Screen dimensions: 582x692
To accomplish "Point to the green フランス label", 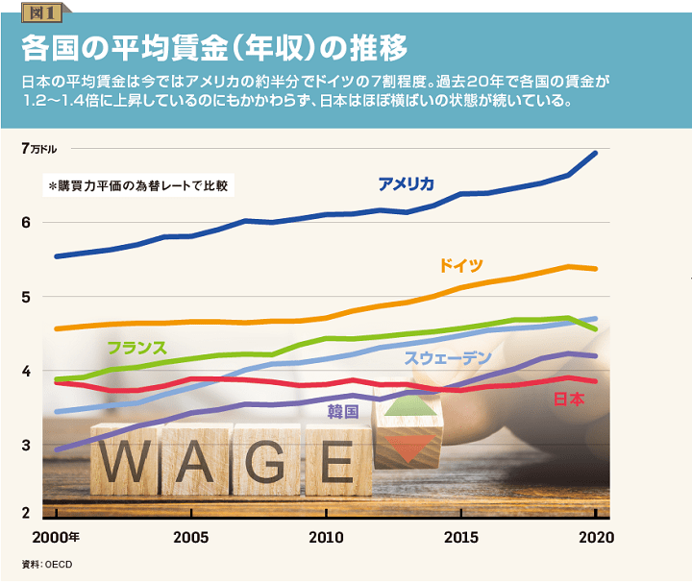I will (x=137, y=348).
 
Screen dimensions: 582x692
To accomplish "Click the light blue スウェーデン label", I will (x=448, y=358).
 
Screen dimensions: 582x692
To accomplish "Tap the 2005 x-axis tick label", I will (x=192, y=536).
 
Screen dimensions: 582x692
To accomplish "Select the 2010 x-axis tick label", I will (x=327, y=536).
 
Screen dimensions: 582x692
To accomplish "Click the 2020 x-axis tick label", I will (x=596, y=536).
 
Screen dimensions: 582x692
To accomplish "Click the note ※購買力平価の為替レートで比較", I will (x=141, y=184).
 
